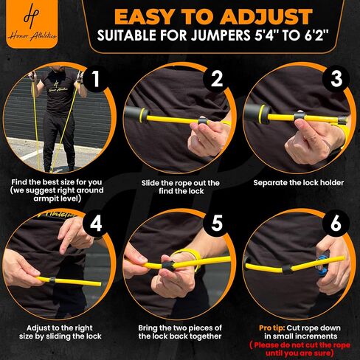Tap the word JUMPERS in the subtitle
(x=221, y=35)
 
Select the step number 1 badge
(x=95, y=79)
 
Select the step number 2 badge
(x=216, y=79)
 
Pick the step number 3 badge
(x=336, y=79)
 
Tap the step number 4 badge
(x=96, y=224)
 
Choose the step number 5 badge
(x=216, y=223)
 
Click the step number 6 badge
(x=336, y=223)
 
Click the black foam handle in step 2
(x=135, y=114)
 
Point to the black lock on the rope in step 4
(x=52, y=280)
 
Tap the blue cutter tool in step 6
(x=323, y=263)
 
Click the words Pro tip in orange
(x=271, y=328)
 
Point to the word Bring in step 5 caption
(x=148, y=328)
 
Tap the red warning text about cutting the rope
(x=300, y=349)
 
